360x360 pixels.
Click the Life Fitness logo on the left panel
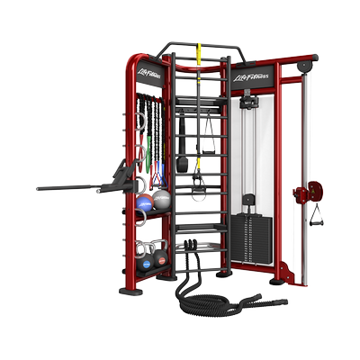coord(148,73)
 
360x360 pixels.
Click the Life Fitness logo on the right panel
coord(251,77)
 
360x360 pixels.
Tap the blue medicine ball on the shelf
coord(145,202)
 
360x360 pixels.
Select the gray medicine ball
coord(161,199)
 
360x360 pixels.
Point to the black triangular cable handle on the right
coord(317,215)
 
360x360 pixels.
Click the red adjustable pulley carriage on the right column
coord(309,192)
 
